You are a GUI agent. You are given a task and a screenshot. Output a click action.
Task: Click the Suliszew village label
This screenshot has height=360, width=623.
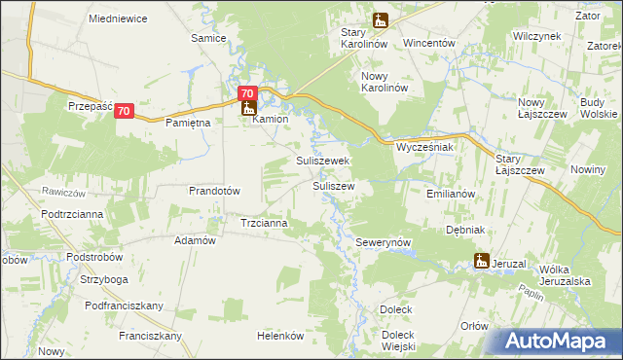[x=332, y=185]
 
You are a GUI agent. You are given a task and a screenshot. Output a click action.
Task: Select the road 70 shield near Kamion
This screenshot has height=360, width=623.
[x=247, y=94]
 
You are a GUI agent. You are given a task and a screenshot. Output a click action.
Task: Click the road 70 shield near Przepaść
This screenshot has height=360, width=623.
[x=124, y=112]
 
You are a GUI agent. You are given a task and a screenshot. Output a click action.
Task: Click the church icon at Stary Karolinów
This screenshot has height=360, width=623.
[x=381, y=19]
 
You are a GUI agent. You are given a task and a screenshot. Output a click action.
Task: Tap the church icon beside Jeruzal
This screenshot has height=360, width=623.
[x=481, y=260]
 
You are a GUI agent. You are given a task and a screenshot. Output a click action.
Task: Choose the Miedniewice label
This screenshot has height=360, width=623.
[x=116, y=18]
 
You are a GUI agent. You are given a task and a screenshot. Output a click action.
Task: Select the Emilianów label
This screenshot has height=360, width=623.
[x=450, y=194]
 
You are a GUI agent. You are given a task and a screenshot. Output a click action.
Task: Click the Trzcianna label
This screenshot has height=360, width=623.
[x=264, y=223]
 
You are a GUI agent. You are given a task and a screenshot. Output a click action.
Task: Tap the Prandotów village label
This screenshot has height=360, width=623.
[x=214, y=191]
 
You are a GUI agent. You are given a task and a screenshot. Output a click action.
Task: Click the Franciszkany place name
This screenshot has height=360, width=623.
[x=150, y=336]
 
